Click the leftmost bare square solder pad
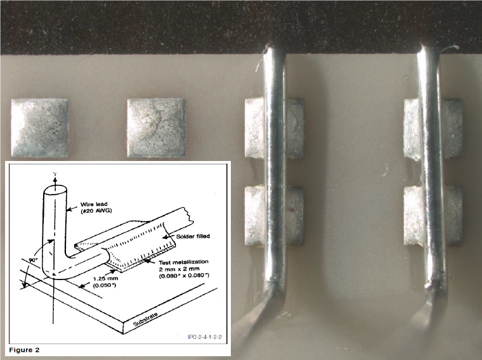coord(40,128)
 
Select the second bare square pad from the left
coord(156,128)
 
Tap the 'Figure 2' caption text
coord(24,350)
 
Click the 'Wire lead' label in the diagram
coord(94,204)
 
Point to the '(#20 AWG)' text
coord(96,210)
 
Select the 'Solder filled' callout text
coord(193,236)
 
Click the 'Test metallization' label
coord(183,262)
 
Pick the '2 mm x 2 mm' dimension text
coord(175,269)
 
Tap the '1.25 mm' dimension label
coord(105,279)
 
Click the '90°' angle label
coord(33,260)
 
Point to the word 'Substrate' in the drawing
coord(145,319)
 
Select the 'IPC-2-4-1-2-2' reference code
coord(205,337)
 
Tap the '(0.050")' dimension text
coord(105,285)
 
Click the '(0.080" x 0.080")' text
coord(184,276)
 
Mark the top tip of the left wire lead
coord(270,47)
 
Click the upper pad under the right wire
coord(433,129)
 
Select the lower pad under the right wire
coord(433,216)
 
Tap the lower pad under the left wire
coord(275,216)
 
